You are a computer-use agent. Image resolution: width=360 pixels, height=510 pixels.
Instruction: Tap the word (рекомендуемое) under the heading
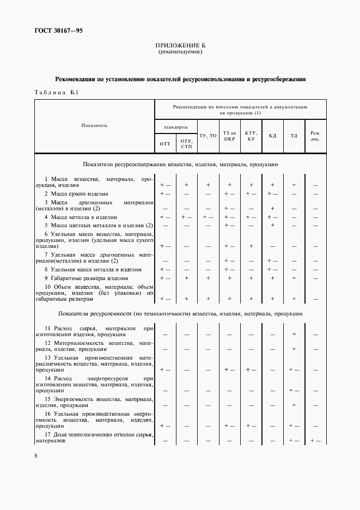click(x=180, y=52)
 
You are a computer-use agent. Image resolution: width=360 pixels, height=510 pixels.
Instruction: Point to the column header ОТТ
click(x=166, y=144)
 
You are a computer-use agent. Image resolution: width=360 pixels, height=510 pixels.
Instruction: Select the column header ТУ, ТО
click(x=208, y=135)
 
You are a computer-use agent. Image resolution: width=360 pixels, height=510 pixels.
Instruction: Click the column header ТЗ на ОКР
click(x=229, y=135)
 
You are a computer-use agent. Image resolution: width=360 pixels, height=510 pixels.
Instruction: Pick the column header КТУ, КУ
click(x=251, y=135)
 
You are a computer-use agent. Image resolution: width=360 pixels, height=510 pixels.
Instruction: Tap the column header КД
click(x=272, y=135)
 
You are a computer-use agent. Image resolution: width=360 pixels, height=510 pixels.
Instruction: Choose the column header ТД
click(x=294, y=135)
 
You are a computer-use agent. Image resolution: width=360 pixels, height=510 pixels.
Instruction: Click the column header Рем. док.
click(x=315, y=135)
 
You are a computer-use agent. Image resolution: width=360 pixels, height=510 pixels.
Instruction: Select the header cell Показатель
click(x=94, y=125)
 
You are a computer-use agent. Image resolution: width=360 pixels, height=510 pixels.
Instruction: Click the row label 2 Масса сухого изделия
click(x=76, y=193)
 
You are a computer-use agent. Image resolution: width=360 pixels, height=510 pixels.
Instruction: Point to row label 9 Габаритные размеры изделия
click(x=86, y=278)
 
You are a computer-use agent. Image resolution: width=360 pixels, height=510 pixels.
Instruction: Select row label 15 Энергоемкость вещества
click(x=94, y=402)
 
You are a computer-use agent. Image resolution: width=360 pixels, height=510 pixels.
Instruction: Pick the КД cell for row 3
click(x=272, y=209)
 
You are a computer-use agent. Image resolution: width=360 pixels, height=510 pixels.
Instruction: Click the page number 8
click(x=36, y=456)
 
